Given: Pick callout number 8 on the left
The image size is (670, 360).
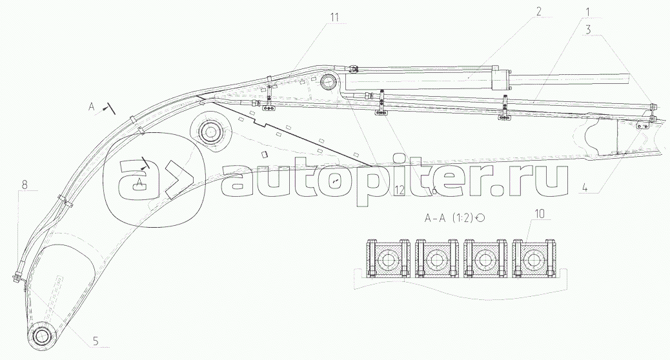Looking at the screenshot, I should (24, 185).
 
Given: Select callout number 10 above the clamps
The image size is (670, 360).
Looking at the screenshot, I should (540, 213).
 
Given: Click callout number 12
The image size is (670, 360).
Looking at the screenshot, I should (400, 188).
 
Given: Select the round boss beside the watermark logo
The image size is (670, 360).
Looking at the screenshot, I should (210, 133).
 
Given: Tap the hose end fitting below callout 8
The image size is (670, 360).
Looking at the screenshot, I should (15, 278).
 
